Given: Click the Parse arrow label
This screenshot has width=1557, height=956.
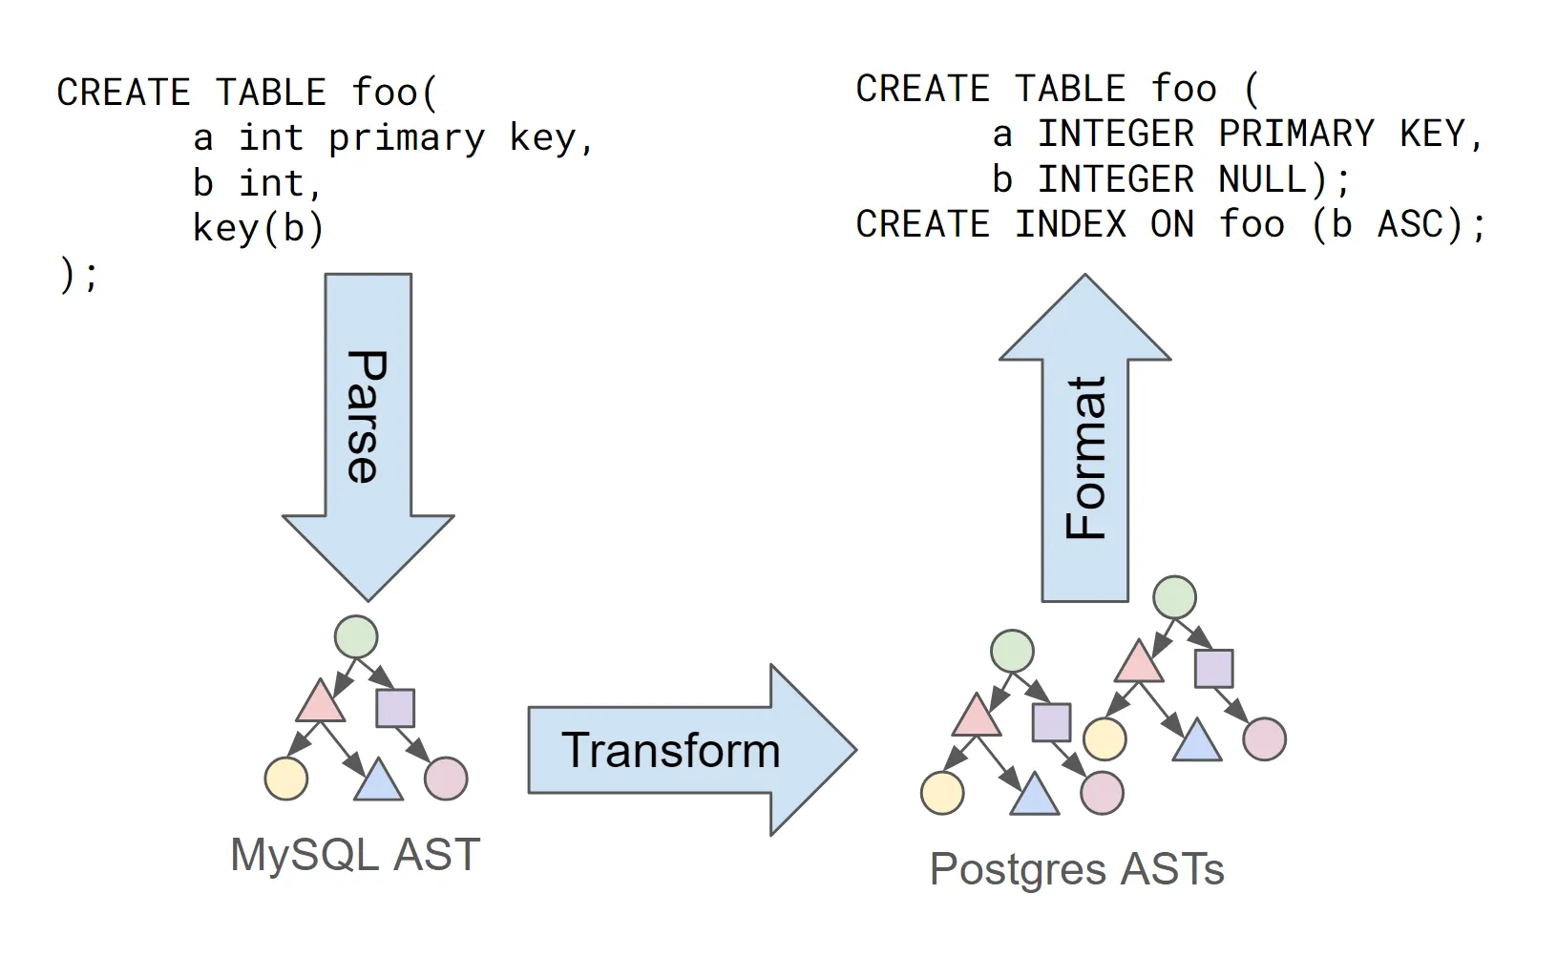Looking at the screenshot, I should [367, 417].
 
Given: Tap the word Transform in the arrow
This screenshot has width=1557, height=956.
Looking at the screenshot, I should [670, 751].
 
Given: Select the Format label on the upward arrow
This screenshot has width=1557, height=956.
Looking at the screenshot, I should [1086, 458].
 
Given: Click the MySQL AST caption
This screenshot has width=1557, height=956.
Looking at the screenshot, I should [355, 854].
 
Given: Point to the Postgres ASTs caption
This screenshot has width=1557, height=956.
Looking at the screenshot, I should [1077, 869].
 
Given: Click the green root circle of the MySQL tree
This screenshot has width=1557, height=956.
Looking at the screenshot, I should [356, 636].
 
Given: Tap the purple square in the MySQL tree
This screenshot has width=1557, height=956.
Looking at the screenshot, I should [395, 708].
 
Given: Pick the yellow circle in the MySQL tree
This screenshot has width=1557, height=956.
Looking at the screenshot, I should [286, 779].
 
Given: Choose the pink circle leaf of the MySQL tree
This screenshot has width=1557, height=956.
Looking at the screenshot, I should [446, 779].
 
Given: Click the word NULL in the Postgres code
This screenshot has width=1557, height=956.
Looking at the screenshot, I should [1262, 179].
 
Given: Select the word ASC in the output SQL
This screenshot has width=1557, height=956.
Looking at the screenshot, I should [1409, 225].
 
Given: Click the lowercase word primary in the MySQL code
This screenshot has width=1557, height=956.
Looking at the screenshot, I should [407, 138].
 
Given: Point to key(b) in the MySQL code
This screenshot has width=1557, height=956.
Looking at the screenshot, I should [258, 229].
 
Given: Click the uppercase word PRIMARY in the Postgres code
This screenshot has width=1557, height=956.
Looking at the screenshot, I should [1295, 134].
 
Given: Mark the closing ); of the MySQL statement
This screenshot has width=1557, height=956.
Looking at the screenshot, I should [78, 275].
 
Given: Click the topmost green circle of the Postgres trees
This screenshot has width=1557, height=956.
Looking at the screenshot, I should [1174, 597].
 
